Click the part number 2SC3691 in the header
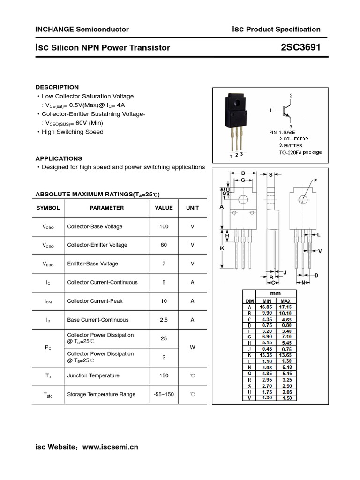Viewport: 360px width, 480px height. (300, 47)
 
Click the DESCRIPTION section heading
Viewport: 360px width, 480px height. (57, 87)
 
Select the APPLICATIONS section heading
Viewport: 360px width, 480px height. (59, 158)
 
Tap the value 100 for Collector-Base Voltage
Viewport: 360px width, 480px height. (164, 227)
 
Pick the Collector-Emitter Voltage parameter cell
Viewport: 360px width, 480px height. (97, 245)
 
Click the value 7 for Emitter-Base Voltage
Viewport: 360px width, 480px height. (164, 264)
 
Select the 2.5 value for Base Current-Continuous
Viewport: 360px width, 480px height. (164, 320)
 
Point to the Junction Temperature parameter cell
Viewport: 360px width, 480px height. (93, 375)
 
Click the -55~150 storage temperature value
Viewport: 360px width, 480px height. (164, 394)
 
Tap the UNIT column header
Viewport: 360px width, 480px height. (192, 208)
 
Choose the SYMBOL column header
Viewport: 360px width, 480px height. (48, 208)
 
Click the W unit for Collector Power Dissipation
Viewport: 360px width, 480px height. (192, 348)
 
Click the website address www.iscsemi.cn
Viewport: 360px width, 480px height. (110, 447)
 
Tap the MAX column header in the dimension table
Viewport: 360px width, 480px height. (285, 300)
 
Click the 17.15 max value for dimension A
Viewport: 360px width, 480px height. (285, 307)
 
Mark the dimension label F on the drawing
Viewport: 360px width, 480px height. (315, 180)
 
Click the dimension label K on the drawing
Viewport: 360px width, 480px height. (222, 249)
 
